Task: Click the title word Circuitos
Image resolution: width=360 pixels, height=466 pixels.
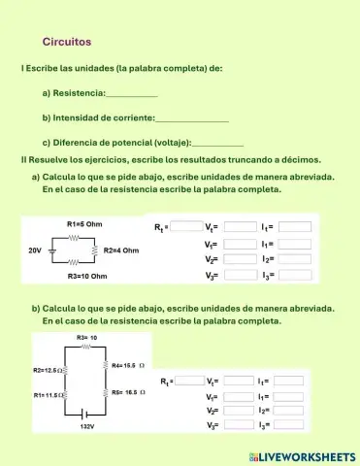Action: coord(67,42)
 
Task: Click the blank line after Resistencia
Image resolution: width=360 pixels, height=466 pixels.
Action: coord(131,94)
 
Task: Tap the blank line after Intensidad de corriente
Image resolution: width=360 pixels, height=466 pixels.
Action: coord(192,118)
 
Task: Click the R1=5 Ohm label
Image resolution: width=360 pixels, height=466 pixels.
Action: coord(84,223)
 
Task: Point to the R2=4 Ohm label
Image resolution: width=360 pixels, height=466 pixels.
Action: coord(121,250)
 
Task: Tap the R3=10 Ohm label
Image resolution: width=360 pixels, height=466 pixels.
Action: coord(85,277)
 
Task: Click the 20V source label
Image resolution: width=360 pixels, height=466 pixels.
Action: coord(35,250)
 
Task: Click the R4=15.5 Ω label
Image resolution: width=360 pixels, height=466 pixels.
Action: coord(128,366)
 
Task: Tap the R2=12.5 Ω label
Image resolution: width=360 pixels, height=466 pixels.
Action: coord(47,371)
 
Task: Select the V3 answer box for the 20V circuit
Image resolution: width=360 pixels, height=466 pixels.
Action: coord(240,276)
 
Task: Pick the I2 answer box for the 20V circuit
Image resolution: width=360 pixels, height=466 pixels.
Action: coord(295,259)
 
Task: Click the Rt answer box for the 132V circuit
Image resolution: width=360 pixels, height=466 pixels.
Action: coord(189,381)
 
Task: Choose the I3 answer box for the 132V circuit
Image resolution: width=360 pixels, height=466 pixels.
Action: coord(290,426)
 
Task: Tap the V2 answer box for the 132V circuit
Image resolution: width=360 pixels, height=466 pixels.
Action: coord(240,411)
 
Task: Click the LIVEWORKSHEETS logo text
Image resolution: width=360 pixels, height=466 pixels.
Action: coord(308,455)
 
